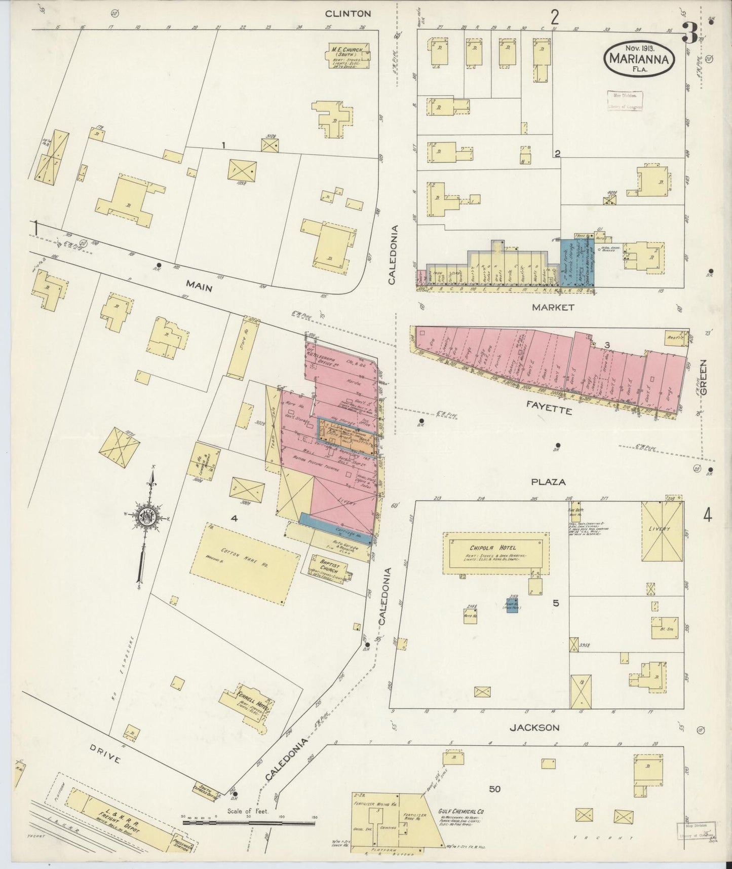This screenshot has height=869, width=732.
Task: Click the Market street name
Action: pos(553,307)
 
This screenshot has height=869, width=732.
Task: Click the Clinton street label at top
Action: pos(348,14)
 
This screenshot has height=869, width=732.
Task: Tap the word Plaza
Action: pos(548,482)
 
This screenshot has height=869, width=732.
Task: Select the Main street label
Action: pos(198,287)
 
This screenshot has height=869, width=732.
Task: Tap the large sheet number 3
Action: pos(689,33)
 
